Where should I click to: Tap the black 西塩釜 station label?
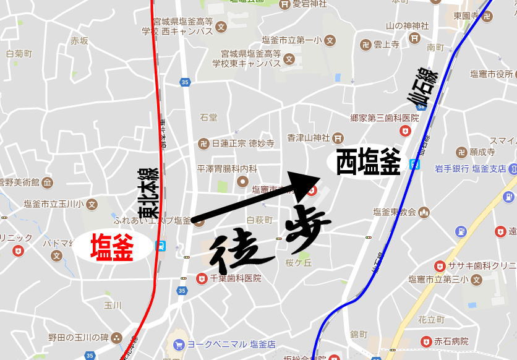pos(368,163)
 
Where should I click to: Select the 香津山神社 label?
pos(309,138)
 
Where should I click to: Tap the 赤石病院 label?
pos(451,341)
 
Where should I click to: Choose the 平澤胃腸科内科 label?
pos(227,168)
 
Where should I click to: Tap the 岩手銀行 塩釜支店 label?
pos(470,168)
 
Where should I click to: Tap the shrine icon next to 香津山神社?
pos(338,138)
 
